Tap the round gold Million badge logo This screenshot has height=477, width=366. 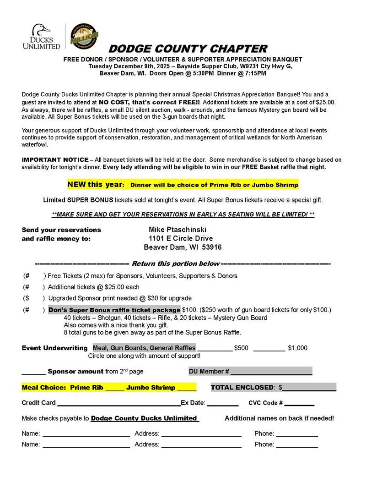point(84,36)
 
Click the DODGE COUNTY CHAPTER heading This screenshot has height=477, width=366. point(188,49)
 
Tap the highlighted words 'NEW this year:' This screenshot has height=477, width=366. point(96,185)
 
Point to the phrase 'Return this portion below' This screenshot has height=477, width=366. point(175,263)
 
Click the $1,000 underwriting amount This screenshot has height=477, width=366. point(298,348)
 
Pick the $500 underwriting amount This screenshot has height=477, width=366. point(241,348)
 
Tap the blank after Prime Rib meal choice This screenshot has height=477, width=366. point(114,388)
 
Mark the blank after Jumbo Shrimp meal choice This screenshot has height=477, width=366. point(186,388)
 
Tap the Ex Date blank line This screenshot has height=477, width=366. point(222,403)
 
